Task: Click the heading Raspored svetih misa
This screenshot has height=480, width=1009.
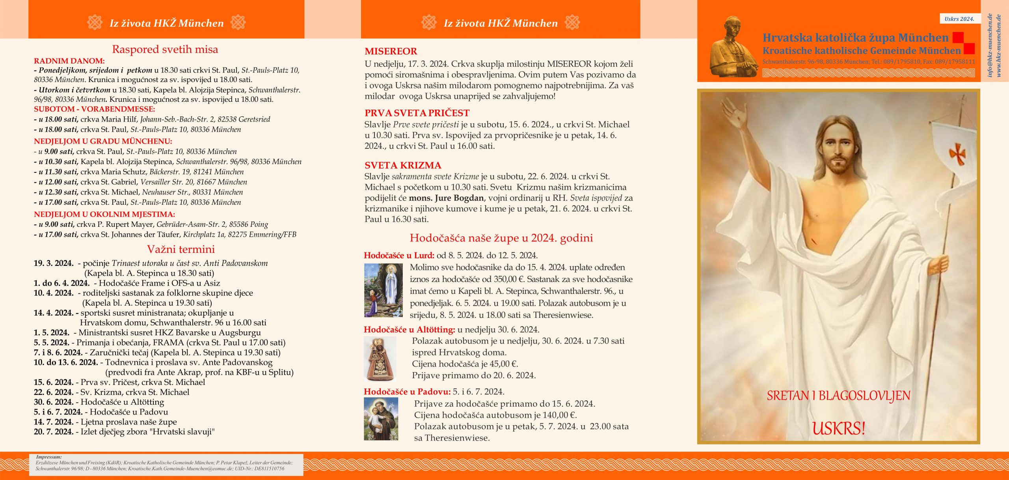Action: pos(165,49)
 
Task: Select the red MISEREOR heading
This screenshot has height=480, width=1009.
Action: pos(391,51)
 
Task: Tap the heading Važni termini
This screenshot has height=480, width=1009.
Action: pos(181,249)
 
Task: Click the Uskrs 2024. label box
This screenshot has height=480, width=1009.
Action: pos(959,19)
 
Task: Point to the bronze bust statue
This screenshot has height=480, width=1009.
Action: pos(733,47)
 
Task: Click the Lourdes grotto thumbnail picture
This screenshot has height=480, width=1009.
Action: pos(383,290)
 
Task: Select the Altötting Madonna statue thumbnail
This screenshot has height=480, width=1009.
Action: pos(380,359)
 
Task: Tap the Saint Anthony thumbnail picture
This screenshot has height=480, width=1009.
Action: pos(381,418)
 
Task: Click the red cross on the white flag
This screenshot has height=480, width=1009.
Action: pos(957,153)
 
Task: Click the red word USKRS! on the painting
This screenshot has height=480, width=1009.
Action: pos(838,428)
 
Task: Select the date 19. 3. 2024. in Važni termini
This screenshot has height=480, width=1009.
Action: pos(54,263)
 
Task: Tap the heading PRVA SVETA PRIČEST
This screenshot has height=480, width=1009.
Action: pos(417,113)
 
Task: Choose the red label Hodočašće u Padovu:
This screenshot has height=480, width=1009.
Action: pos(407,392)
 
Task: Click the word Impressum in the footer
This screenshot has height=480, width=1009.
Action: pos(49,457)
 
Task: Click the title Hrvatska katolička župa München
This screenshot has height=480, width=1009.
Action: pos(855,38)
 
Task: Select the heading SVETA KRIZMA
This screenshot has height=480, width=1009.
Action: pos(402,165)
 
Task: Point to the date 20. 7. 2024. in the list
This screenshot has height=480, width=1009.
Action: pos(54,431)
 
